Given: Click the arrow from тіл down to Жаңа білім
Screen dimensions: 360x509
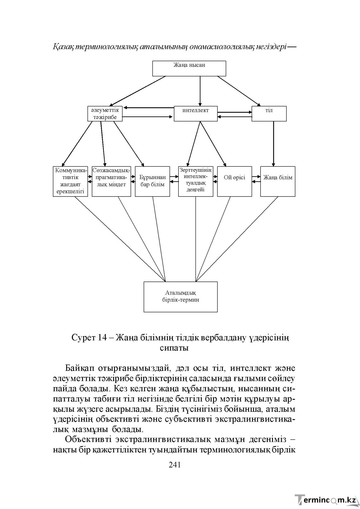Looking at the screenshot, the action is [274, 144].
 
